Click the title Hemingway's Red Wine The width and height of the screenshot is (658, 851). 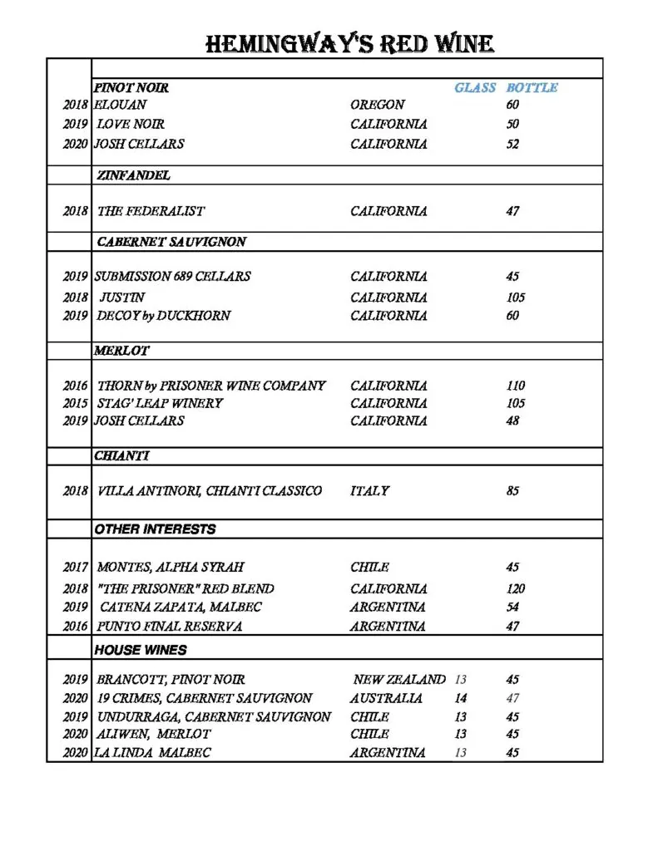(349, 43)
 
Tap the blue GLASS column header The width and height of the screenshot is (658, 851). (474, 87)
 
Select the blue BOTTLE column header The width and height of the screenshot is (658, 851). (532, 87)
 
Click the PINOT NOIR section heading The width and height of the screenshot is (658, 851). (131, 87)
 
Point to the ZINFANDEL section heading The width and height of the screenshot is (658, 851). (133, 175)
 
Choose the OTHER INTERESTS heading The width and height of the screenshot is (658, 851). (155, 529)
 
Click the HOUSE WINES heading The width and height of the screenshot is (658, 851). (140, 650)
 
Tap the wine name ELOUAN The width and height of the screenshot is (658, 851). (121, 105)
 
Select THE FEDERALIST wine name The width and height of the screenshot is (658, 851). (151, 211)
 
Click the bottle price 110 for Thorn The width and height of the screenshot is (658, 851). (516, 386)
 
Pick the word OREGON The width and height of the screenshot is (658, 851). (378, 105)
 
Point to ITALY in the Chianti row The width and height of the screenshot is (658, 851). (369, 491)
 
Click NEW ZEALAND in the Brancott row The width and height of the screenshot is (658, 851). (399, 679)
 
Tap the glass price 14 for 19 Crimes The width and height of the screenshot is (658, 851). (461, 698)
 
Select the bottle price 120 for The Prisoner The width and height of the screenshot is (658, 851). (516, 588)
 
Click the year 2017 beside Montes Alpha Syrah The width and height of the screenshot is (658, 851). (75, 568)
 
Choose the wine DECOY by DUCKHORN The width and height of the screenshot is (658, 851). (163, 316)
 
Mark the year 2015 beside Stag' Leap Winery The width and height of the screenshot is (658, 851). (75, 403)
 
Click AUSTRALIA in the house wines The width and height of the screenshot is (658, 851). (386, 698)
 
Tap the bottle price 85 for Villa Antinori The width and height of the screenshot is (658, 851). (512, 491)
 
